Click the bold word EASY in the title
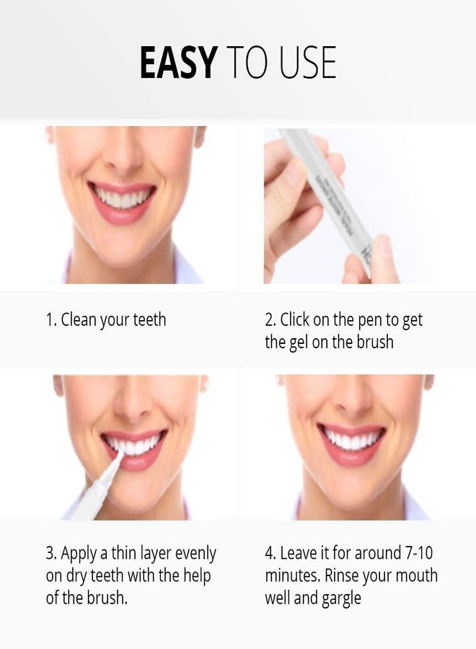tap(177, 63)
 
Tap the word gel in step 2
tap(302, 342)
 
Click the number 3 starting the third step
tap(50, 554)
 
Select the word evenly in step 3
tap(193, 554)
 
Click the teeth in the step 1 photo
tap(123, 196)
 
